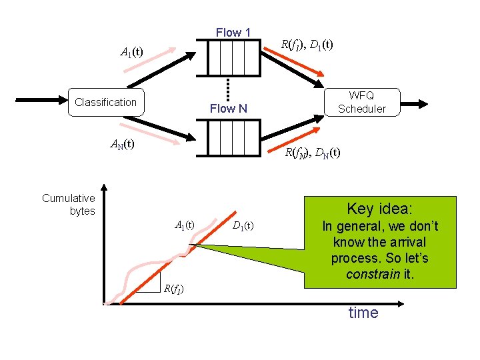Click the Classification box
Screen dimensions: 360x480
point(105,102)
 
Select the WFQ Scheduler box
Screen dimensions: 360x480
point(361,102)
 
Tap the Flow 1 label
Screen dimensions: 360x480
point(233,33)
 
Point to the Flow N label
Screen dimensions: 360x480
point(228,108)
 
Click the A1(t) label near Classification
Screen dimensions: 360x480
point(131,51)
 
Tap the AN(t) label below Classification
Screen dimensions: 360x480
point(123,144)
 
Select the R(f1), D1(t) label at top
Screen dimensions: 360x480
point(307,45)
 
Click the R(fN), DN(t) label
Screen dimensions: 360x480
point(313,153)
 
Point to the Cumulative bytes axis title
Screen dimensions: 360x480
point(69,205)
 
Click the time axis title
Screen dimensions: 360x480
point(363,313)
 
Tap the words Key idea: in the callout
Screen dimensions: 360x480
point(379,209)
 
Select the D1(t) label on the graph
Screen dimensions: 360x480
point(243,225)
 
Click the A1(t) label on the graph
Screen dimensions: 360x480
point(185,225)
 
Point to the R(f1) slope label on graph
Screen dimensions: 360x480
point(173,289)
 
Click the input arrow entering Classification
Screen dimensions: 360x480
point(40,101)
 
